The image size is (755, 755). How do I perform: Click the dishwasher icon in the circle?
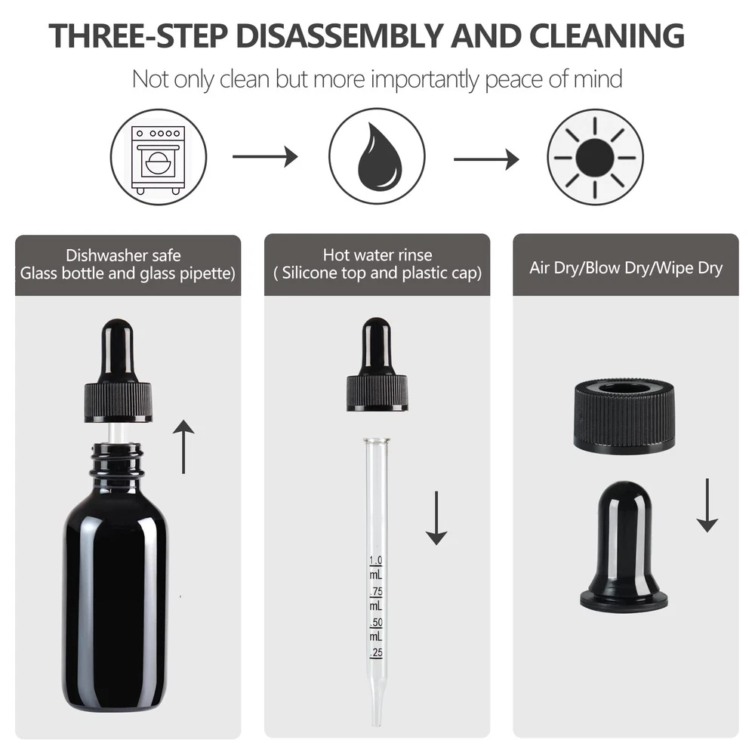[159, 159]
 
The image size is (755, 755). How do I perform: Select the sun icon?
[595, 158]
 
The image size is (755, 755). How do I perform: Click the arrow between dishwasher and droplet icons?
[265, 156]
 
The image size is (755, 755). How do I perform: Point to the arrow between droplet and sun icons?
[486, 159]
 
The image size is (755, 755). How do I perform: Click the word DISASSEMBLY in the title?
[339, 35]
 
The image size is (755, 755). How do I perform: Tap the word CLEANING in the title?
[607, 35]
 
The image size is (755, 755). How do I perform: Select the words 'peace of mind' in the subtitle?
[553, 79]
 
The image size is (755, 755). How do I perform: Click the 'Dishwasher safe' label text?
[123, 255]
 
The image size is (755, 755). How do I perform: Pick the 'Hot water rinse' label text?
[377, 254]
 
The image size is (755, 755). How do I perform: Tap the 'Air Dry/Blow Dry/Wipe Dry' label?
[626, 268]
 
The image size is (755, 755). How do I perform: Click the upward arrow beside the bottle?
[183, 446]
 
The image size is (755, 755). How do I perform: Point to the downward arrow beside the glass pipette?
[436, 518]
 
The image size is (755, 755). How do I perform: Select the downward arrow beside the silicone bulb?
[707, 505]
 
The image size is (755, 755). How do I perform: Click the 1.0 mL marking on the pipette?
[376, 568]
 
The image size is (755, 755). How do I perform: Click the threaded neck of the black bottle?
[117, 459]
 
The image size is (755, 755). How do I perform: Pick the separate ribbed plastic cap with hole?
[624, 417]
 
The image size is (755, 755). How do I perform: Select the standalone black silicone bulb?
[624, 547]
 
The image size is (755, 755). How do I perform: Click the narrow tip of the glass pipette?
[377, 717]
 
